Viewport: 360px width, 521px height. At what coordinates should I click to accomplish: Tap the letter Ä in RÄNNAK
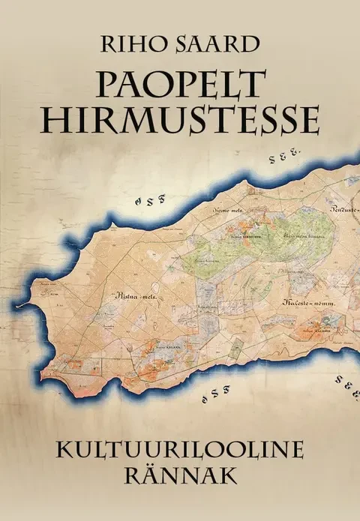[x=153, y=479]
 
